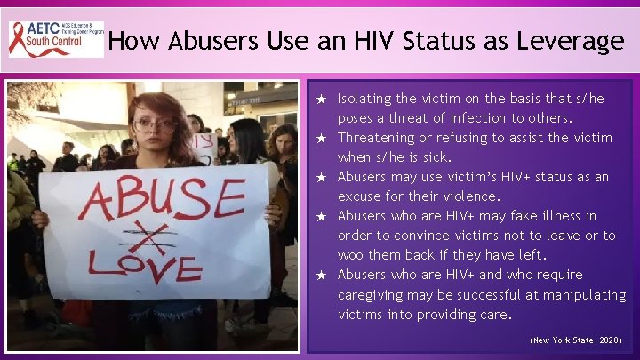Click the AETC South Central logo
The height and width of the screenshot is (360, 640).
click(x=55, y=40)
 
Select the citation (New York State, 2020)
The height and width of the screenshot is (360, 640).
click(x=576, y=340)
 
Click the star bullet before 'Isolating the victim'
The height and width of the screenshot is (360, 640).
click(x=324, y=99)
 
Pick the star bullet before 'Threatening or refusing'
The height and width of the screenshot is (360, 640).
click(x=324, y=138)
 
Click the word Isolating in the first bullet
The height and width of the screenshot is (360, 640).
click(x=366, y=99)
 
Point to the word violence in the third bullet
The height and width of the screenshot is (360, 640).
click(x=470, y=196)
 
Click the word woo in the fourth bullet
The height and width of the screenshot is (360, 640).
click(x=350, y=255)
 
